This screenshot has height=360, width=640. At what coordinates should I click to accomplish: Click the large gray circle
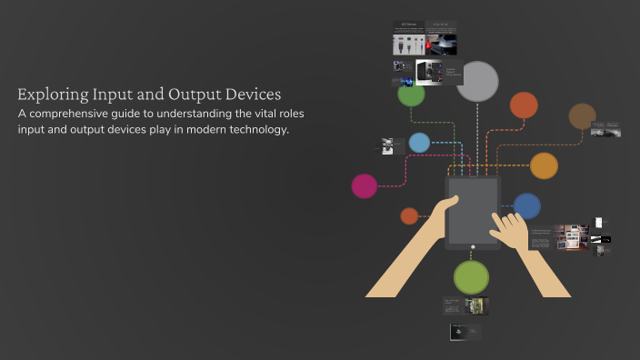477,81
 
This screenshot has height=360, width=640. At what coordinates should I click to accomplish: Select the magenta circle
365,185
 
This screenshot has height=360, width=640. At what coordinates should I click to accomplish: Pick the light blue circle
419,143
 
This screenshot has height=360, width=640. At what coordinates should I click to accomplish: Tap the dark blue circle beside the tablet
527,205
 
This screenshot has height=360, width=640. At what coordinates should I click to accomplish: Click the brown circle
582,116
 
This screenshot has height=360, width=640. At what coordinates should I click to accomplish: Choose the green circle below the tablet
471,276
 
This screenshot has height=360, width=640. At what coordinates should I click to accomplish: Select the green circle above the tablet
411,94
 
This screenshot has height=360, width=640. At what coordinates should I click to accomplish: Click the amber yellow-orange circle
544,165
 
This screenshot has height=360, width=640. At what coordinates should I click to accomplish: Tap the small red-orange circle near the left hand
409,215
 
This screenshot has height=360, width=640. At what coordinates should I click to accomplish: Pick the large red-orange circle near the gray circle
524,105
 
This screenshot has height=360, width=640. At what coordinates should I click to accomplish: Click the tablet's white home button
473,246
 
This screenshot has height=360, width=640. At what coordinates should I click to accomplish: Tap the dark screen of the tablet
473,208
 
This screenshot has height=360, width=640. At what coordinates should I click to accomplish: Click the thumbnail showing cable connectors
408,44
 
